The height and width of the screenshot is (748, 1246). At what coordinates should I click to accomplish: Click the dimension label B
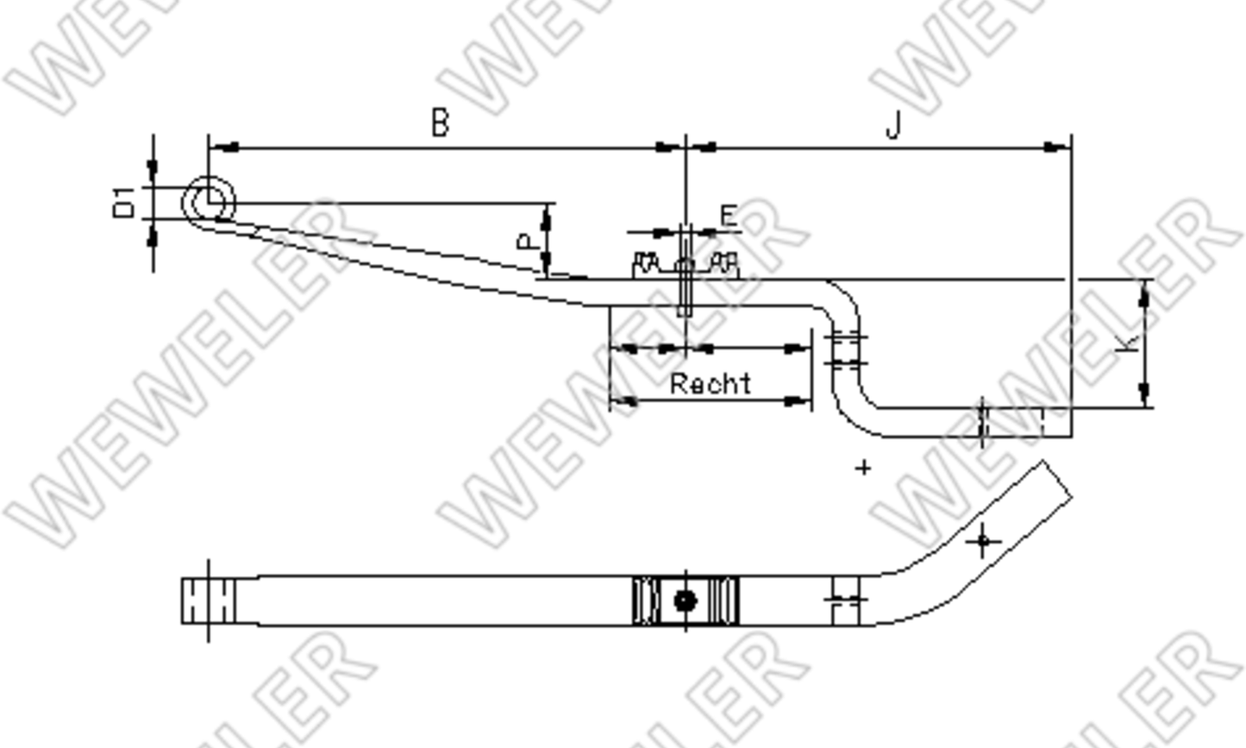click(440, 123)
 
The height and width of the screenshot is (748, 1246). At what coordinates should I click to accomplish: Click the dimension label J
click(893, 126)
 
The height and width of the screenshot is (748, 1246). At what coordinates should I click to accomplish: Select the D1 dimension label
click(126, 203)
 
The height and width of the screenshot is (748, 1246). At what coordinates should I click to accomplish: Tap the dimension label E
click(729, 216)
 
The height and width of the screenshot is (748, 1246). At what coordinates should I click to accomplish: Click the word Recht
click(710, 384)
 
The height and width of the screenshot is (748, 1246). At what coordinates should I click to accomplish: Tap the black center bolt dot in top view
click(685, 600)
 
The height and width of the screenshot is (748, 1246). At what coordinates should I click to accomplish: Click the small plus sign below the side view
click(863, 468)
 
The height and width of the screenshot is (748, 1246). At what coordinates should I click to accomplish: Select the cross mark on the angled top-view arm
click(983, 542)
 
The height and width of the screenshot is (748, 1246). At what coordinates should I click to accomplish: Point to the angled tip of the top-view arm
click(1056, 480)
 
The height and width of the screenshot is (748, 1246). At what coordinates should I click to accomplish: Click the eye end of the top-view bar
click(208, 600)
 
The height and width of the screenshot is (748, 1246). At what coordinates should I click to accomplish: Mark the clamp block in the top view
click(686, 600)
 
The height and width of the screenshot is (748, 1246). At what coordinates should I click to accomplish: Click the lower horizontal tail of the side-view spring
click(966, 423)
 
